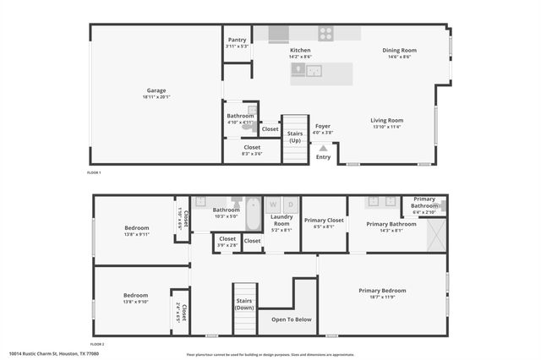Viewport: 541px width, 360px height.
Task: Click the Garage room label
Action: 156,90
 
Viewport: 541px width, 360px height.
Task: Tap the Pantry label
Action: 237,40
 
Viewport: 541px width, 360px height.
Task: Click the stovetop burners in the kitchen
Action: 325,34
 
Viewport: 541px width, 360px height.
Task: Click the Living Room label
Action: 386,120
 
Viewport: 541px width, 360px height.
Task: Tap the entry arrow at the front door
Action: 323,147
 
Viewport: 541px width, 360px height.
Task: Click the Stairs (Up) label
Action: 295,136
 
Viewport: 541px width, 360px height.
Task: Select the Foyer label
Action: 323,126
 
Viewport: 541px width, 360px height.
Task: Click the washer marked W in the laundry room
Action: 273,205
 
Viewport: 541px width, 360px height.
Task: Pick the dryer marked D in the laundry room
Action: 290,205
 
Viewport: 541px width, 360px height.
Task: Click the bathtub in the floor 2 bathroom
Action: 254,211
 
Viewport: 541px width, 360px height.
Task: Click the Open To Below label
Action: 291,319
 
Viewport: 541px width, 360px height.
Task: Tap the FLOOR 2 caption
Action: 96,344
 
